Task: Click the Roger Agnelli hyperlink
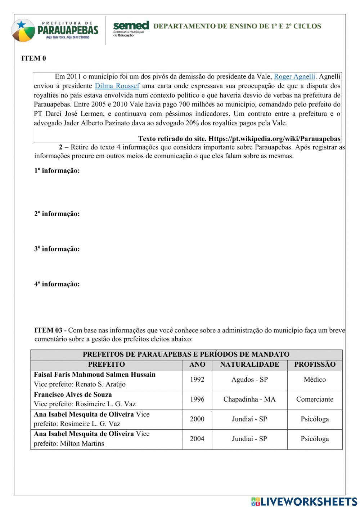294,76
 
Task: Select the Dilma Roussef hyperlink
117,86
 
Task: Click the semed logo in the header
131,29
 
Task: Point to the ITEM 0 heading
34,58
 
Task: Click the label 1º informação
57,171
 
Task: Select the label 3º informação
57,249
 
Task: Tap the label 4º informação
57,284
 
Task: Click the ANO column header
197,365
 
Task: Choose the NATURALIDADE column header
249,365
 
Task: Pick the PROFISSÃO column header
315,365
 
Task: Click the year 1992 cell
197,380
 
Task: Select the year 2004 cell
197,439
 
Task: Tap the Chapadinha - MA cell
249,399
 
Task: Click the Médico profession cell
315,380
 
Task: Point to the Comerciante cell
315,399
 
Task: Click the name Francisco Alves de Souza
73,394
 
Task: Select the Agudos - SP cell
249,380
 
